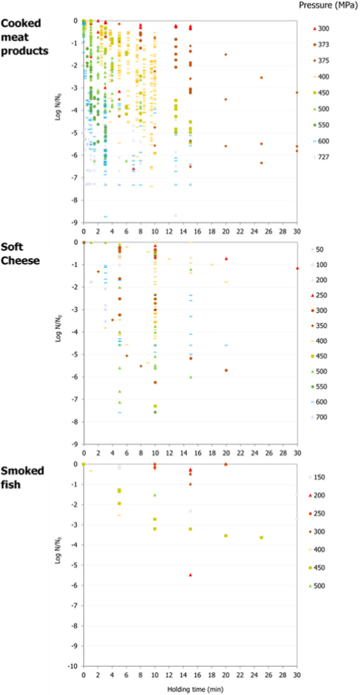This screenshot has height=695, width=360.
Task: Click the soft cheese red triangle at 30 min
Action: click(x=297, y=268)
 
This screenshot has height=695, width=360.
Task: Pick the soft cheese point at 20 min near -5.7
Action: click(x=226, y=370)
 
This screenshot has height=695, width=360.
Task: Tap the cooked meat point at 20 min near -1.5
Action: click(x=225, y=54)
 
